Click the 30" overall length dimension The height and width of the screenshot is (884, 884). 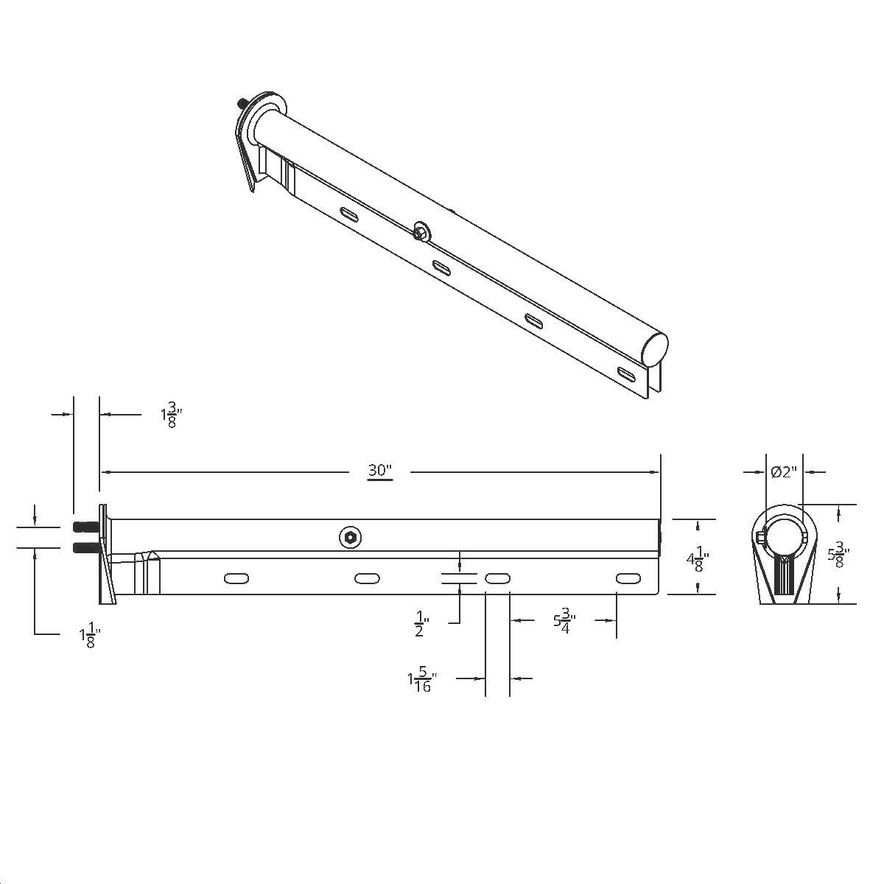pyautogui.click(x=379, y=471)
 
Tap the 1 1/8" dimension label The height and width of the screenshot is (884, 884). pyautogui.click(x=89, y=635)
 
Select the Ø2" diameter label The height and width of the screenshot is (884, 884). pyautogui.click(x=784, y=472)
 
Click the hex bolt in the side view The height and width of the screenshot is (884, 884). pyautogui.click(x=351, y=538)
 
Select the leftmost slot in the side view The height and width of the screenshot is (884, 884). pyautogui.click(x=236, y=579)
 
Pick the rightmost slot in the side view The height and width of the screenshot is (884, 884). pyautogui.click(x=627, y=579)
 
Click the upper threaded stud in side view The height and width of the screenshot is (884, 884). pyautogui.click(x=86, y=527)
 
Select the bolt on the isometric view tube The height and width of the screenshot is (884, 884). pyautogui.click(x=421, y=231)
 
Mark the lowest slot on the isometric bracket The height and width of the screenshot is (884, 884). pyautogui.click(x=628, y=373)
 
